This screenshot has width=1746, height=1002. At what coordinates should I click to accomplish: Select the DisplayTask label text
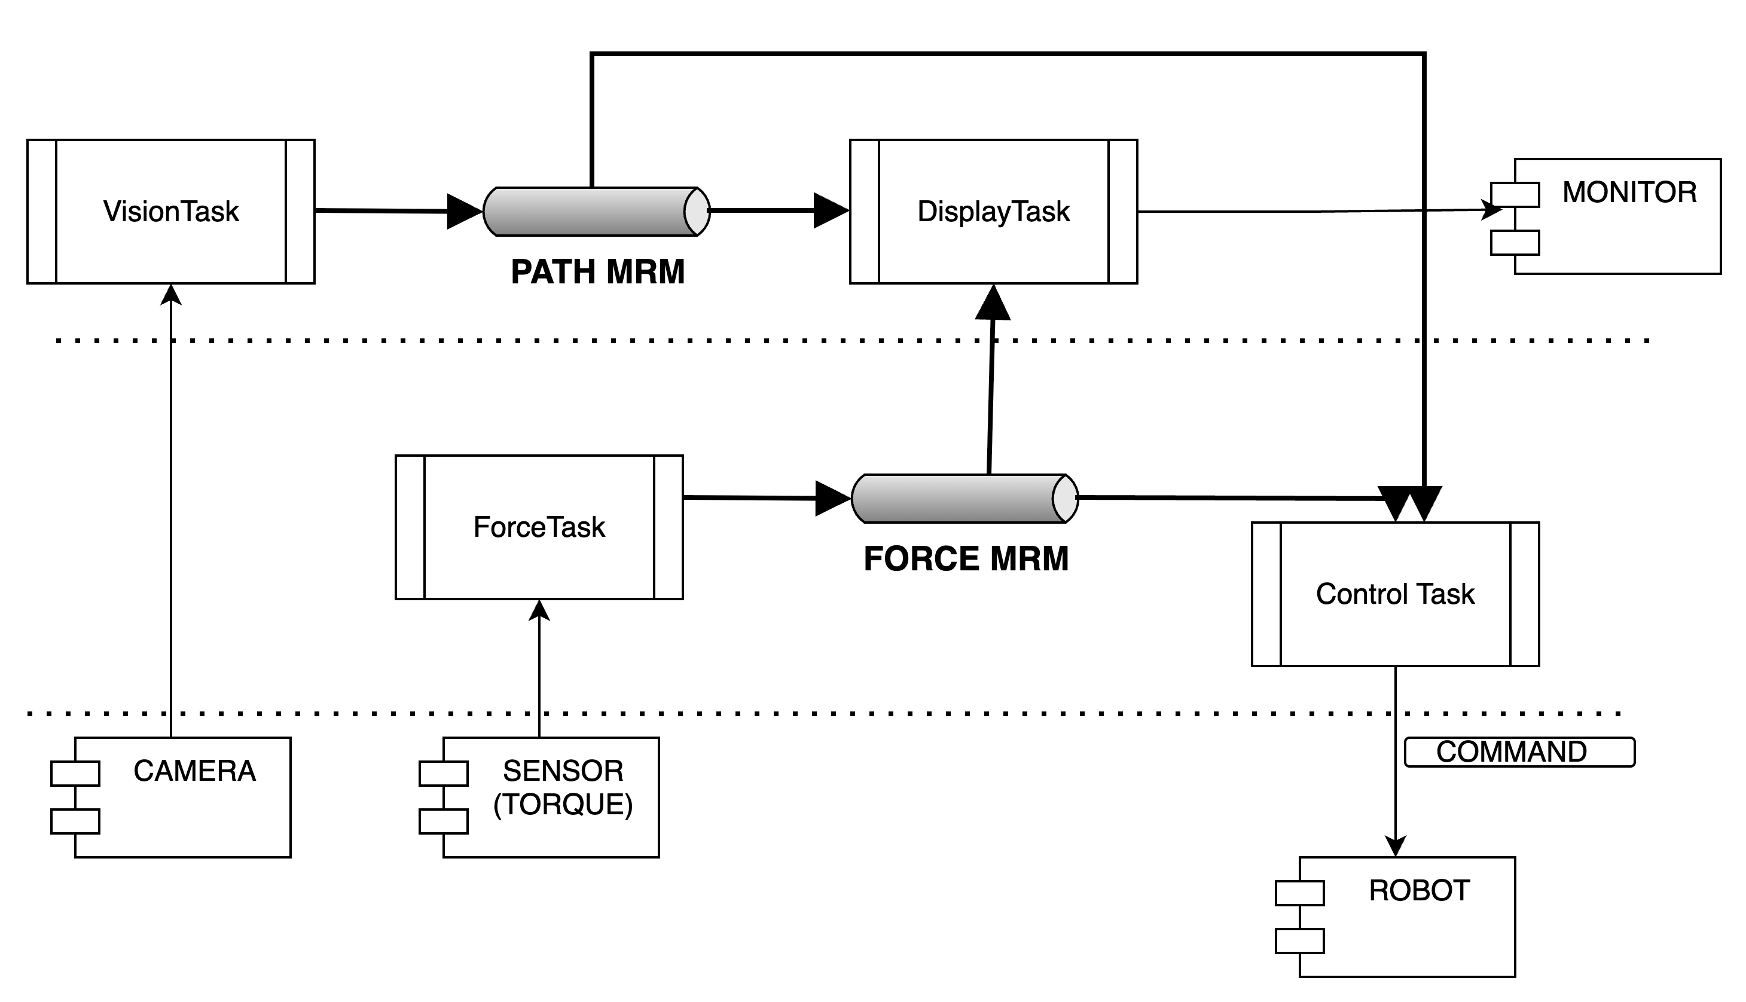click(994, 211)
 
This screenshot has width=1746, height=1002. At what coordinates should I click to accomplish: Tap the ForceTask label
click(539, 527)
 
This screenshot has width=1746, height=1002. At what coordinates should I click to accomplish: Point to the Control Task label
click(1395, 594)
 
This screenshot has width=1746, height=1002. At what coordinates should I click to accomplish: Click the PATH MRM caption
click(597, 272)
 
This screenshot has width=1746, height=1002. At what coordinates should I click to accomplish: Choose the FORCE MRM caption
click(966, 559)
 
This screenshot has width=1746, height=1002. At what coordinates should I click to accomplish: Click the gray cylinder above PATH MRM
click(596, 211)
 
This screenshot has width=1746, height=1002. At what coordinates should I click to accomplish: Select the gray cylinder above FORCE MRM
click(965, 498)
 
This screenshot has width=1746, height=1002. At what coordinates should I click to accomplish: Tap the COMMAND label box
click(1519, 752)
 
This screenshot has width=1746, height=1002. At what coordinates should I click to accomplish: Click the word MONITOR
click(1629, 192)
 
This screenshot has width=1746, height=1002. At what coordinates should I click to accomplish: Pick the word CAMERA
click(195, 771)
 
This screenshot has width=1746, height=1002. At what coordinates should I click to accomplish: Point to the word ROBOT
click(1420, 891)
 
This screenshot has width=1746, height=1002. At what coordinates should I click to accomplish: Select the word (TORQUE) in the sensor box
click(563, 805)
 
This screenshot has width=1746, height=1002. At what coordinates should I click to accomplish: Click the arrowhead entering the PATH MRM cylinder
click(465, 211)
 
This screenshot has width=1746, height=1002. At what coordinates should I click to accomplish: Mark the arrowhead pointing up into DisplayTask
click(993, 302)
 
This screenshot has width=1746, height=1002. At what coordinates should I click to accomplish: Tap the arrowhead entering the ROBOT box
click(1395, 847)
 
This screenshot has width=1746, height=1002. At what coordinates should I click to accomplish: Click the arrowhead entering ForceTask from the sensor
click(539, 610)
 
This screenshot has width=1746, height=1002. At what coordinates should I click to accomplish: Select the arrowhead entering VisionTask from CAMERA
click(170, 294)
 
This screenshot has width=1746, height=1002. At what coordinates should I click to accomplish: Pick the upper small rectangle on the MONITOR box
click(1515, 195)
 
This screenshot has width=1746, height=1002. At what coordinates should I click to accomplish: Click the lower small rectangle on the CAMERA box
click(75, 821)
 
